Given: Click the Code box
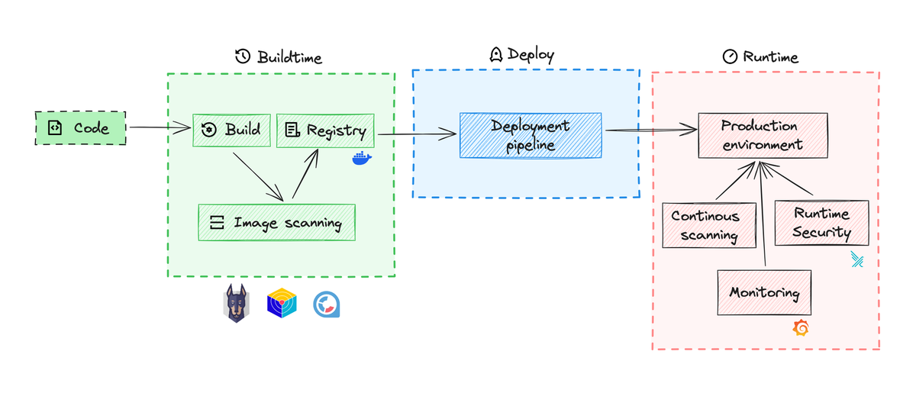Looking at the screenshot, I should pyautogui.click(x=80, y=128).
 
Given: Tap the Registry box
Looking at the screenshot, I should pyautogui.click(x=326, y=130).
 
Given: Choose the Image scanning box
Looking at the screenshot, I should pyautogui.click(x=276, y=223).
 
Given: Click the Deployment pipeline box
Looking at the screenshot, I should pyautogui.click(x=530, y=135).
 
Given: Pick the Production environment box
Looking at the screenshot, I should pyautogui.click(x=762, y=135).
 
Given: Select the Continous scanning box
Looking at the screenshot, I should pyautogui.click(x=705, y=225).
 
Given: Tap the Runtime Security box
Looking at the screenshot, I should pyautogui.click(x=821, y=223).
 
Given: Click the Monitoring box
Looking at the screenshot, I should pyautogui.click(x=764, y=292).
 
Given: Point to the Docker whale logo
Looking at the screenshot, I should pyautogui.click(x=361, y=159).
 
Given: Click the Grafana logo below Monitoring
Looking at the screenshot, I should pyautogui.click(x=801, y=328).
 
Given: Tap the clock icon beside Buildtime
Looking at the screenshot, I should pyautogui.click(x=243, y=57).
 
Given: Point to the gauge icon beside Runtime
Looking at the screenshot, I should pyautogui.click(x=729, y=57).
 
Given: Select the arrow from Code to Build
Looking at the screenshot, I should pyautogui.click(x=158, y=128).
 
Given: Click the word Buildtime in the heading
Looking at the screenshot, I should pyautogui.click(x=289, y=57).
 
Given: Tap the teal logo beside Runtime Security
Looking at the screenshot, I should pyautogui.click(x=858, y=262).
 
